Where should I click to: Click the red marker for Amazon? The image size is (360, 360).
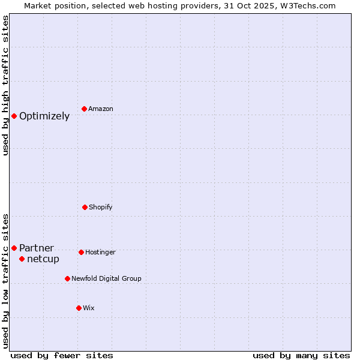(84, 109)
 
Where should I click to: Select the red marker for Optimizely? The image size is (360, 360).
(14, 116)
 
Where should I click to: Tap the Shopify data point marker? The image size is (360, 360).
(85, 207)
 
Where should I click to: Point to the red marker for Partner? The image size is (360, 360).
(14, 248)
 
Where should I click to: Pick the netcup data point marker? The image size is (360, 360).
(22, 259)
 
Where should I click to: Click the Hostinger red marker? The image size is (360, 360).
(81, 252)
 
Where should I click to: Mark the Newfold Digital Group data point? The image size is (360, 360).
(67, 278)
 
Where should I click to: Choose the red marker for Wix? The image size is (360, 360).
(79, 308)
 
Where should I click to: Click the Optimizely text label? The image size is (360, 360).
(44, 116)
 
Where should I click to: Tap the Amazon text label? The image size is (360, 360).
(101, 109)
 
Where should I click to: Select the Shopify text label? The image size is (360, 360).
(101, 208)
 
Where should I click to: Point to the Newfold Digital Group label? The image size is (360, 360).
(106, 279)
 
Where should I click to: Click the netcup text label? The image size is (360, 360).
(43, 259)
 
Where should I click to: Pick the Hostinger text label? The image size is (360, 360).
(100, 253)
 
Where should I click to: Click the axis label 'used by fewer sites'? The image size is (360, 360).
(62, 355)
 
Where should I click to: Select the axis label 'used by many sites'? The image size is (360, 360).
(301, 355)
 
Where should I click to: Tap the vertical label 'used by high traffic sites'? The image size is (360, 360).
(5, 85)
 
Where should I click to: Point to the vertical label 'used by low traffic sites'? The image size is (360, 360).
(5, 280)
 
